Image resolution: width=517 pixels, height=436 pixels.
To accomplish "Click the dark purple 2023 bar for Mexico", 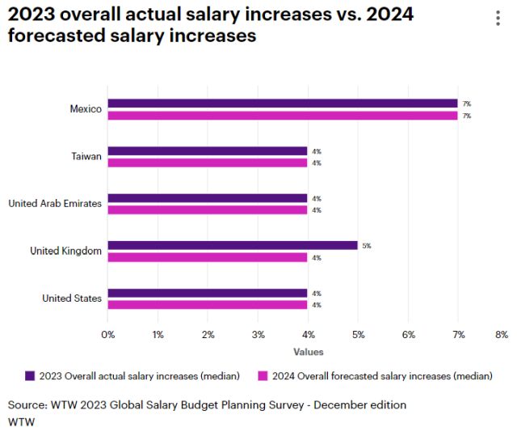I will [x=283, y=104].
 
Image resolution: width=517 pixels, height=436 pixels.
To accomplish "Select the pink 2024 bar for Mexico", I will [x=283, y=116].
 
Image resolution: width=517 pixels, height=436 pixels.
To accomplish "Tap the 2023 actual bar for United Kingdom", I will [x=233, y=245].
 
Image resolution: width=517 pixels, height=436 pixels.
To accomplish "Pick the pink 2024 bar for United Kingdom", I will [x=208, y=257].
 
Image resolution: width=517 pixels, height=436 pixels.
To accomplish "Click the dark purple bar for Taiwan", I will [x=208, y=150].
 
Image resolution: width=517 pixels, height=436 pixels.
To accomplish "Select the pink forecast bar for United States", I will [x=208, y=305].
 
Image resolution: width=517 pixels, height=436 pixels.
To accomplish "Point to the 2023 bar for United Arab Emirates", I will [x=208, y=198].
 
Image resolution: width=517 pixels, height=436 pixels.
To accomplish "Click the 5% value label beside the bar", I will [x=367, y=245].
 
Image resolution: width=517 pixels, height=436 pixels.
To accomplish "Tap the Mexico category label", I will [x=86, y=109].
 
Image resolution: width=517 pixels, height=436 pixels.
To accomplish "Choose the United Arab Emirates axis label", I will [x=55, y=204].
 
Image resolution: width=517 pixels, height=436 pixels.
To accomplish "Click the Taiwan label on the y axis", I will [x=86, y=156].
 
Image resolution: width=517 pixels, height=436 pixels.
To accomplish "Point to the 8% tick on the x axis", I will [x=501, y=334].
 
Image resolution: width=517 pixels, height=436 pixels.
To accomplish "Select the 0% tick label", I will [x=108, y=334].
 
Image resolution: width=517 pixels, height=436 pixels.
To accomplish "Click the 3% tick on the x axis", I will [x=258, y=334].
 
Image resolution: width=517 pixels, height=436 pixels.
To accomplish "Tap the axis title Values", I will [x=308, y=352].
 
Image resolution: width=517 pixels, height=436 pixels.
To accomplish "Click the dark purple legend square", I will [x=30, y=375].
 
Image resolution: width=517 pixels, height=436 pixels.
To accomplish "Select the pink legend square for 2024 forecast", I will [x=263, y=375].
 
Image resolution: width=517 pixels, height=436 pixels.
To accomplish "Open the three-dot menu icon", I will [x=495, y=19].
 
